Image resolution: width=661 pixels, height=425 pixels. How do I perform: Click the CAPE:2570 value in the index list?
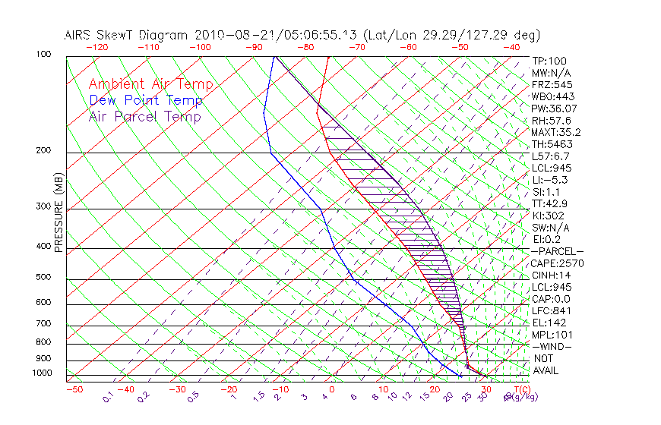tap(557, 263)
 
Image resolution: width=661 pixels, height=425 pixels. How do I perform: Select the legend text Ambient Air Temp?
tap(150, 84)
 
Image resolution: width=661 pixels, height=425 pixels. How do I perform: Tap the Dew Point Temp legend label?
tap(146, 100)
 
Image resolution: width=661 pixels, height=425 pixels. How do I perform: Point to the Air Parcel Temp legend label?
tap(145, 116)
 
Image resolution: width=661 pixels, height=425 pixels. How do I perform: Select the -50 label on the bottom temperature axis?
tap(74, 390)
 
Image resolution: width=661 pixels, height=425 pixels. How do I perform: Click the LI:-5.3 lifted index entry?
tap(550, 180)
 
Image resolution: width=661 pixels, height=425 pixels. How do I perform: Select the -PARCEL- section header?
tap(557, 251)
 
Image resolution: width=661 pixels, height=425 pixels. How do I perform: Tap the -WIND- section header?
tap(552, 346)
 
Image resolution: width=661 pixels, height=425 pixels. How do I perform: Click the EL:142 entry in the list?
tap(549, 323)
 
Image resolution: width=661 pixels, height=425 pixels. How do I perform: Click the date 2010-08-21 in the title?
tap(231, 35)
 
